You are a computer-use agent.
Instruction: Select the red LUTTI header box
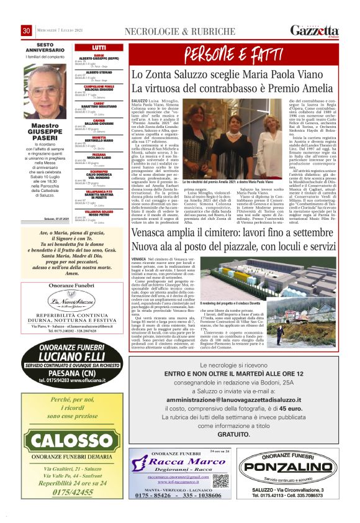click(x=98, y=47)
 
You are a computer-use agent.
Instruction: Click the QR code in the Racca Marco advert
click(x=220, y=481)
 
